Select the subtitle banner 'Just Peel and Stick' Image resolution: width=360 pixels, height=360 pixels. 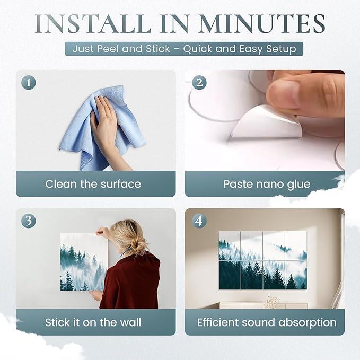[x=184, y=49]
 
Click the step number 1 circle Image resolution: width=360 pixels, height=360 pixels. [x=29, y=83]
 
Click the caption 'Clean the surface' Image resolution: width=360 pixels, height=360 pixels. [x=93, y=184]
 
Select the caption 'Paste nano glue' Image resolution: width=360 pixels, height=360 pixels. [x=266, y=184]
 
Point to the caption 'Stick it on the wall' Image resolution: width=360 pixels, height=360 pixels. [x=93, y=322]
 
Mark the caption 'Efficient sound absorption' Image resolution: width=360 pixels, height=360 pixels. [x=266, y=322]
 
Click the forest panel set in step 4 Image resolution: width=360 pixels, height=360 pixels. [x=262, y=260]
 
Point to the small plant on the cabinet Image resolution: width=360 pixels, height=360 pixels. [x=272, y=301]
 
